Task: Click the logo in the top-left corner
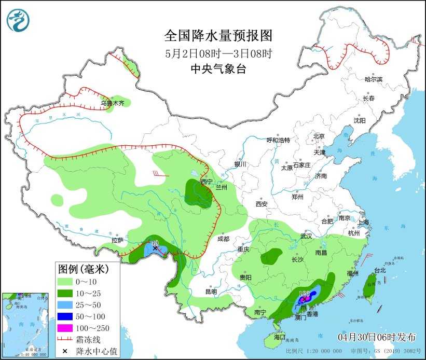[x=18, y=20]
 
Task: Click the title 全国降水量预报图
[x=218, y=36]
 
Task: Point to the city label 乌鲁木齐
[x=113, y=103]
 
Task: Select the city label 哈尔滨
[x=373, y=79]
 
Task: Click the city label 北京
[x=318, y=136]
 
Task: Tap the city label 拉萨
[x=117, y=240]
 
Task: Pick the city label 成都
[x=223, y=239]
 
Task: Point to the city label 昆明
[x=211, y=292]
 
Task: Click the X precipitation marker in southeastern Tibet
[x=155, y=248]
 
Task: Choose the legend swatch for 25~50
[x=64, y=304]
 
